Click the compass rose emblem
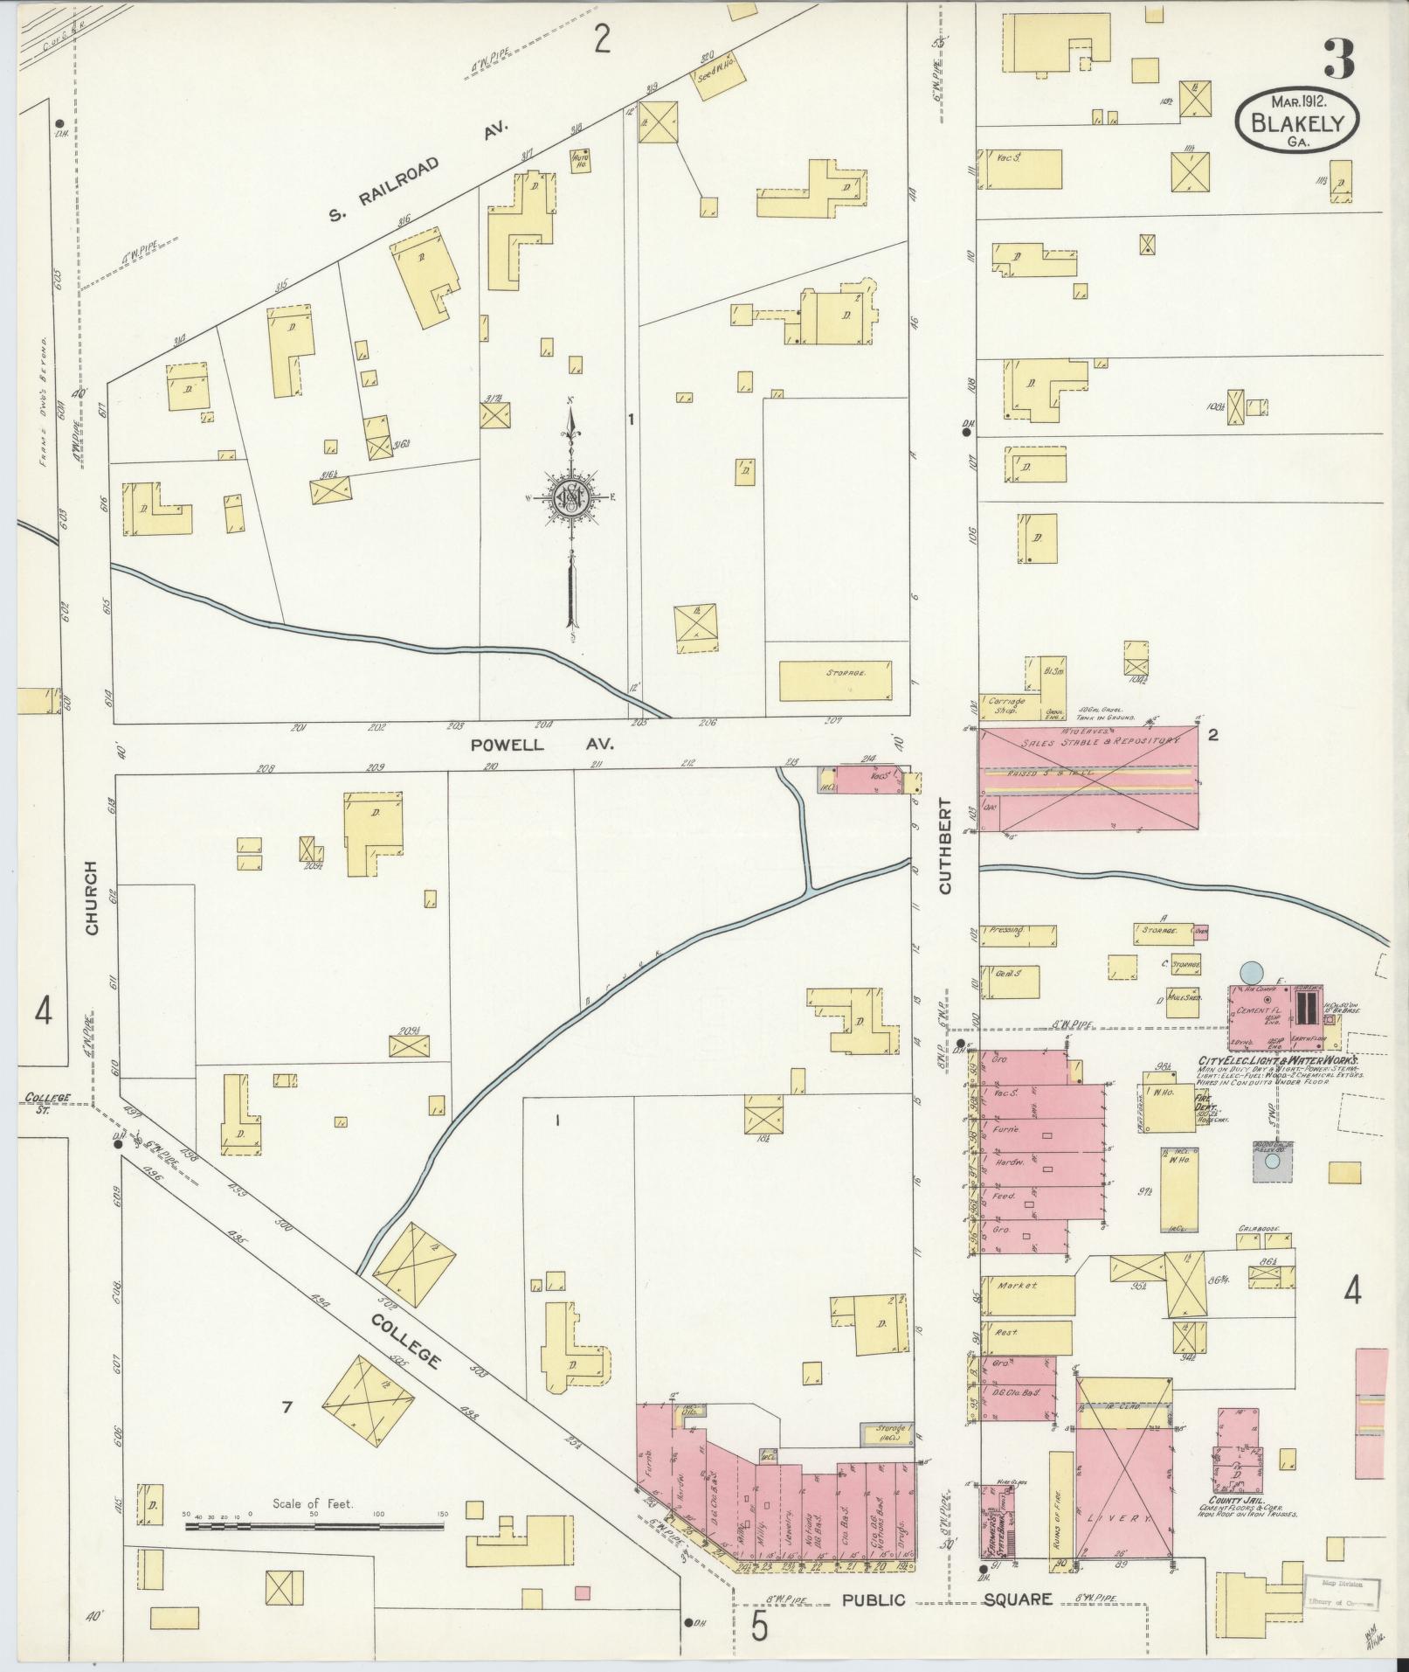[570, 498]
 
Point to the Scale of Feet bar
[314, 914]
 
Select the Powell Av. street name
[542, 745]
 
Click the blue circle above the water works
[1251, 971]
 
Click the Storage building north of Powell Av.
[834, 681]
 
